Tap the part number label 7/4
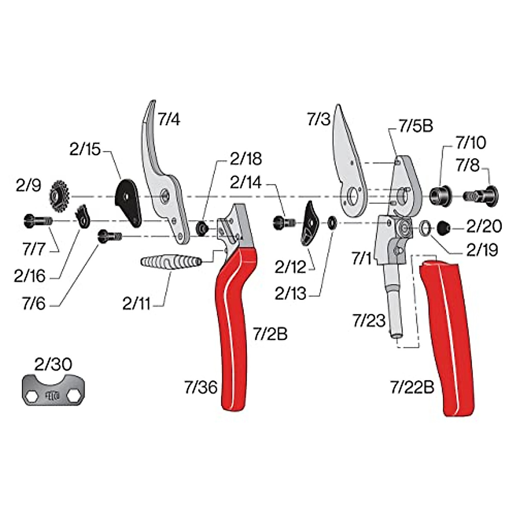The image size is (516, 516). coord(169,120)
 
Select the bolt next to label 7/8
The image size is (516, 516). coord(480,195)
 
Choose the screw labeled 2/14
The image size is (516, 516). coord(284,222)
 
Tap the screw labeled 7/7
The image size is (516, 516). coord(37,220)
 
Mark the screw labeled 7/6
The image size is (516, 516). coord(110,236)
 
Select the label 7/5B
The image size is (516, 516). coord(415,126)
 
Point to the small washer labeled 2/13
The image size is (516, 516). coord(332,223)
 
